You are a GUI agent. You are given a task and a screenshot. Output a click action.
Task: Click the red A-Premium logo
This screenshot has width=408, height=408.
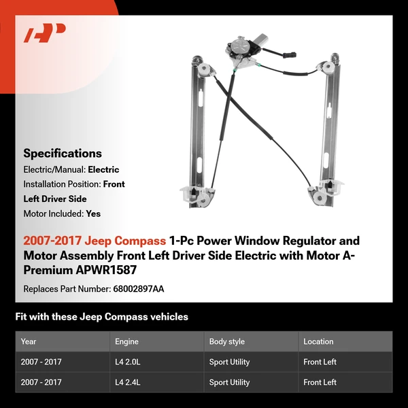(x=45, y=33)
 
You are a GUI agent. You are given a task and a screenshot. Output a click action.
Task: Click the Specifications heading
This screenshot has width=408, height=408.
(x=63, y=154)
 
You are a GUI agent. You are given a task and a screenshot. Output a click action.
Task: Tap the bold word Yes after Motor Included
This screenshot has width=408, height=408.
(x=93, y=214)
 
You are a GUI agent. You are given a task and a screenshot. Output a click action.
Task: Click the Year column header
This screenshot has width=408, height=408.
(x=29, y=341)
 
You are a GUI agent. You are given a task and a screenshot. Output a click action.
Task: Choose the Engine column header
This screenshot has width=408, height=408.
(x=126, y=341)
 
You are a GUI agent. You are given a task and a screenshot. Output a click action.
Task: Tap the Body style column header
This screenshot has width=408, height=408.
(x=227, y=341)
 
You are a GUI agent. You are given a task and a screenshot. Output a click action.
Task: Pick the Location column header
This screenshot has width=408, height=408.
(x=318, y=341)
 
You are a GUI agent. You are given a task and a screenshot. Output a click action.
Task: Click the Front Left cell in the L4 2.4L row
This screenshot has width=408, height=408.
(x=320, y=382)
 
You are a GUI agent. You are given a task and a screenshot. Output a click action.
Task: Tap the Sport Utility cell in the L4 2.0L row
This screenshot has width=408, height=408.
(x=230, y=362)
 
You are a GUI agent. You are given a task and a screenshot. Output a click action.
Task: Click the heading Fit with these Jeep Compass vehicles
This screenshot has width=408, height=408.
(x=101, y=317)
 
